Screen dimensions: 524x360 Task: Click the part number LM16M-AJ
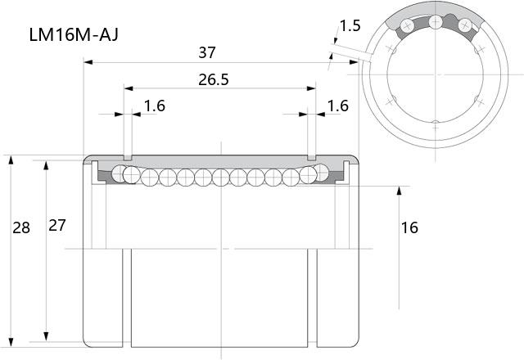click(74, 34)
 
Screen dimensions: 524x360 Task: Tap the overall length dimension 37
click(207, 52)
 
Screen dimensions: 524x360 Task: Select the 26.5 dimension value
click(214, 79)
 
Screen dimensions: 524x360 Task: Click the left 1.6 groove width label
click(155, 106)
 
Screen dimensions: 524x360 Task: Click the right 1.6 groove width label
click(338, 106)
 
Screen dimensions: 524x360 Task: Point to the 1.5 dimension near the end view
click(350, 25)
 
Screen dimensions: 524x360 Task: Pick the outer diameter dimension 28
click(21, 227)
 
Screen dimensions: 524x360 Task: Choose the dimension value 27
click(57, 226)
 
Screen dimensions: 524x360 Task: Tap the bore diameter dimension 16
click(409, 227)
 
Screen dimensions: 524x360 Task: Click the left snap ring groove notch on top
click(128, 157)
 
